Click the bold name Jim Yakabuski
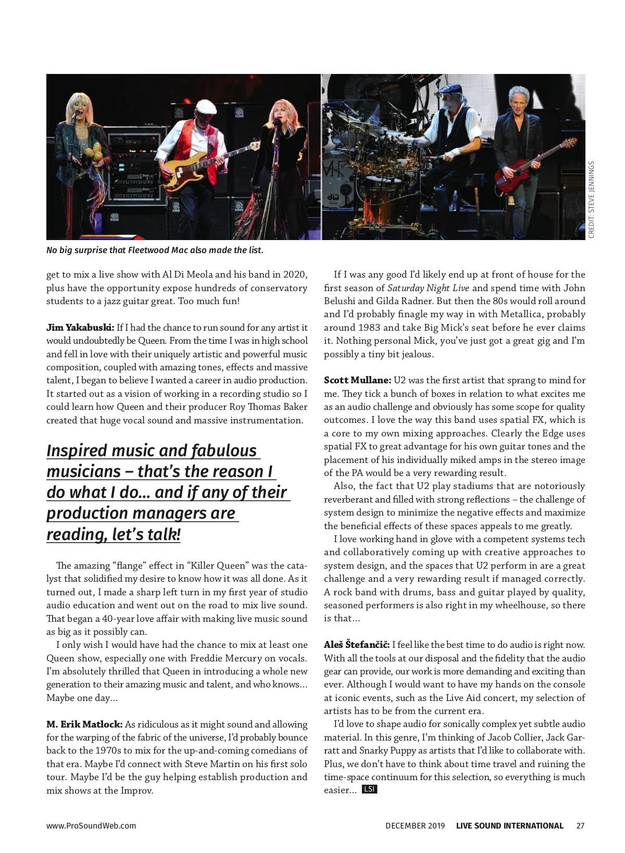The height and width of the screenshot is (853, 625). point(80,328)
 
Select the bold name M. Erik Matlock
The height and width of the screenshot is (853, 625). point(84,724)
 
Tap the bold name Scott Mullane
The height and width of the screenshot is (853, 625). point(357,380)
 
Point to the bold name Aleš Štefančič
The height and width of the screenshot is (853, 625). point(357,645)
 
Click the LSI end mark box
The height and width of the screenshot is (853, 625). point(369,789)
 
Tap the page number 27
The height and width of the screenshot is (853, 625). point(580,825)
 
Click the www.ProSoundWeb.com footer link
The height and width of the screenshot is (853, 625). point(91,825)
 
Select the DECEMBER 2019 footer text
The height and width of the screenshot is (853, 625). point(415,825)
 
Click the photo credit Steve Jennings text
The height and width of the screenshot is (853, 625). point(591,200)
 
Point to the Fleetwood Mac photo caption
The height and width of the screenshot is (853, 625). point(155,250)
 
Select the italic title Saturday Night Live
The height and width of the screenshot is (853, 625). point(428,288)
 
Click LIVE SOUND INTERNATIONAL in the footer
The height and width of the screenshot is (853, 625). point(509,825)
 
